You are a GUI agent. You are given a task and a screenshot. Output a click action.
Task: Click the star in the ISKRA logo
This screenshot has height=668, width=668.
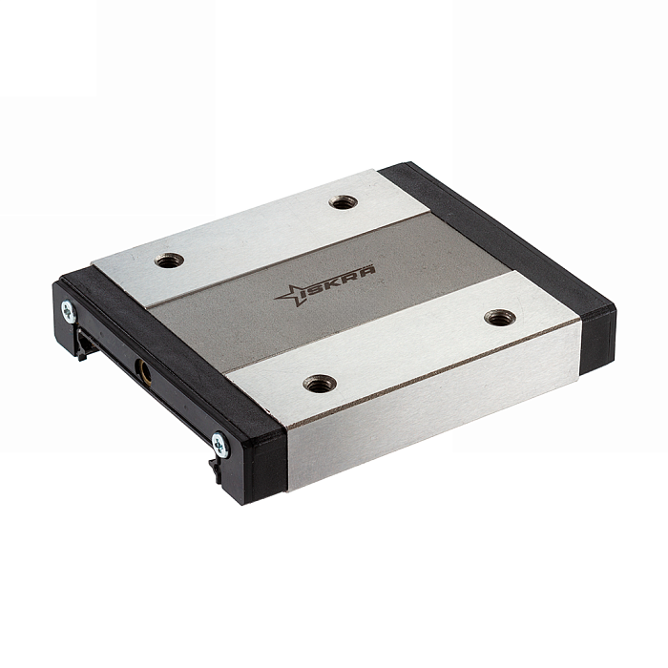coord(289,295)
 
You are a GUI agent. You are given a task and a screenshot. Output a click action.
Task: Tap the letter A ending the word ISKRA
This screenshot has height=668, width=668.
coord(368,270)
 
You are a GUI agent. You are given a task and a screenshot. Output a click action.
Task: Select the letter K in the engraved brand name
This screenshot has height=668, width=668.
coord(338,279)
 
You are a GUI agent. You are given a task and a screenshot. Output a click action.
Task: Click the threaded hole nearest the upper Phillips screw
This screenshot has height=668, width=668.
coord(169,260)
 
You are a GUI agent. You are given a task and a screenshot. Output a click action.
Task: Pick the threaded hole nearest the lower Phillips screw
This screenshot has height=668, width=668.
coord(320,384)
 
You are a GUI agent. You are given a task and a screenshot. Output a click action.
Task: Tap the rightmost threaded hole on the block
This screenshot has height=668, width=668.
coord(501,318)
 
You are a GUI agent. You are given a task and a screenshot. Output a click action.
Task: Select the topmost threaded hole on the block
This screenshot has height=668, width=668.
coord(343,202)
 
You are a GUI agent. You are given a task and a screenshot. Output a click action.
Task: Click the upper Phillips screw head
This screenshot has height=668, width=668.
coord(68,311)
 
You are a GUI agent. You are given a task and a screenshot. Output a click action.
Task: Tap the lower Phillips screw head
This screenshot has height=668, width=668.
coord(220,445)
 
